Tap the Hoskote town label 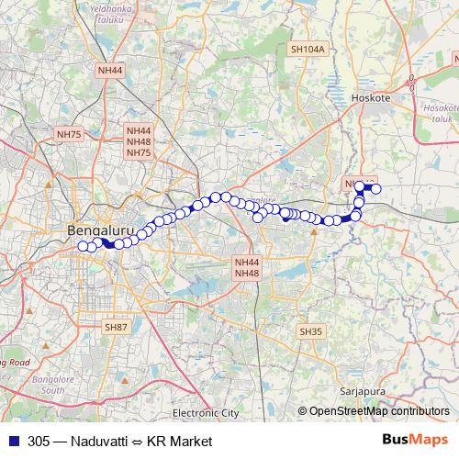pos(372,96)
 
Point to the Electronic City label pos(206,414)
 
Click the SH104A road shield pos(308,49)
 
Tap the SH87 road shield pos(117,326)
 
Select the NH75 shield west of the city pos(69,134)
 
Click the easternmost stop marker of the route pos(375,189)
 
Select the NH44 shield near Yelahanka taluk pos(109,70)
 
